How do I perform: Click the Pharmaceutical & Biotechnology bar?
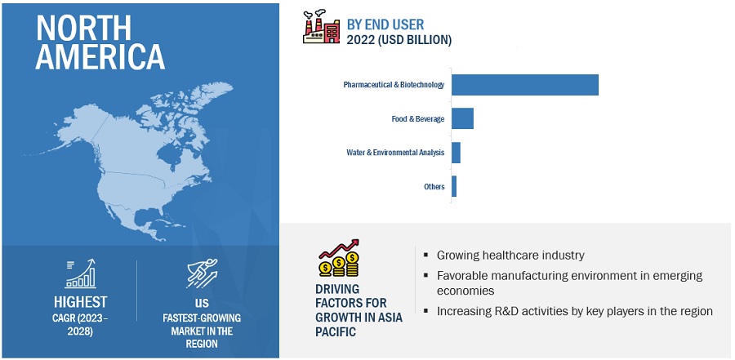[x=525, y=85]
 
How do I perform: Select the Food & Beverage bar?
[x=463, y=118]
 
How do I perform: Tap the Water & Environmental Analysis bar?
[x=456, y=153]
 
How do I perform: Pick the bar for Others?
[x=454, y=186]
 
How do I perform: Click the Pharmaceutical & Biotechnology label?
[x=394, y=85]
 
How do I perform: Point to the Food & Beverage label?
[x=418, y=119]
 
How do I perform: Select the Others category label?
[x=434, y=187]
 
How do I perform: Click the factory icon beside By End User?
[x=321, y=27]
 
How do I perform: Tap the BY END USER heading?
[x=385, y=24]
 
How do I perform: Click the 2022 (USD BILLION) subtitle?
[x=399, y=40]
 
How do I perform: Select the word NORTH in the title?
[x=83, y=28]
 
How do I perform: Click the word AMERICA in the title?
[x=100, y=57]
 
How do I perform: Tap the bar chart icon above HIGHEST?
[x=80, y=273]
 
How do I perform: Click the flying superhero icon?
[x=202, y=273]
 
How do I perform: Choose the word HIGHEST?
[x=80, y=302]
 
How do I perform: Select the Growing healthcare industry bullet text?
[x=510, y=256]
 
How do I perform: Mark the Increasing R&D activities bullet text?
[x=575, y=311]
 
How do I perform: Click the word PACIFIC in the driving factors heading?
[x=336, y=332]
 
